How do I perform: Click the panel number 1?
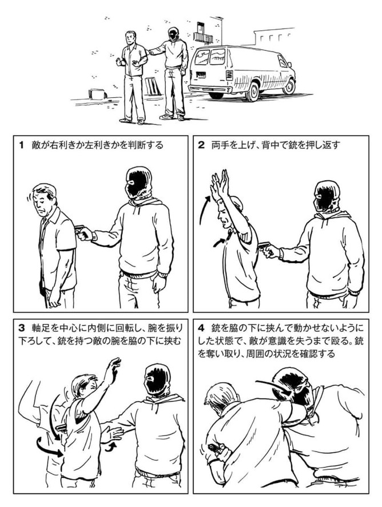(x=22, y=145)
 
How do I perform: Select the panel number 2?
(x=201, y=145)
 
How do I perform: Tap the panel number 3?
(x=22, y=328)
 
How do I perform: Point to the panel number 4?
(x=201, y=328)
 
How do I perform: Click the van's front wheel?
(x=289, y=86)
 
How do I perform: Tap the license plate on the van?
(x=201, y=75)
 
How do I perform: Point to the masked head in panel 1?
(x=138, y=183)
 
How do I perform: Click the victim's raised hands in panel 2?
(x=219, y=186)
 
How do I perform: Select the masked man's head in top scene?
(x=173, y=34)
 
